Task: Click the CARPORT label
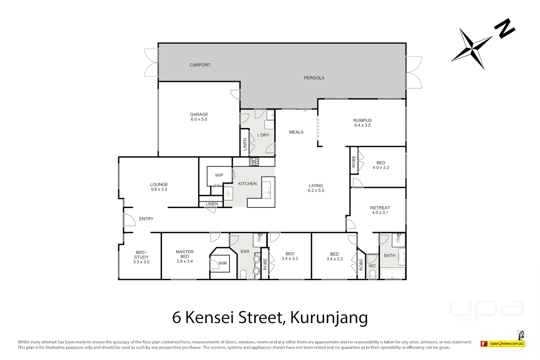(x=200, y=65)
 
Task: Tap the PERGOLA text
(x=314, y=78)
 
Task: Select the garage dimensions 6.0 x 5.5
(x=199, y=119)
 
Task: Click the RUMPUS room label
(x=362, y=120)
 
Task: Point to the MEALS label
(x=296, y=132)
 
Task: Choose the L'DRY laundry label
(x=263, y=135)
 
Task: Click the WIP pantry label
(x=219, y=175)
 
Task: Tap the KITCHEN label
(x=247, y=184)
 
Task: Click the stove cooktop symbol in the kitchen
(x=254, y=162)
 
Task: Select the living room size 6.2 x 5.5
(x=316, y=191)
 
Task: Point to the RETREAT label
(x=380, y=208)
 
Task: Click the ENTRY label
(x=146, y=219)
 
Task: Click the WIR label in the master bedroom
(x=223, y=263)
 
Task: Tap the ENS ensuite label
(x=245, y=251)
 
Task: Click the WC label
(x=372, y=266)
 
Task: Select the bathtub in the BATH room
(x=392, y=274)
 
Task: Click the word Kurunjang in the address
(x=329, y=317)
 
